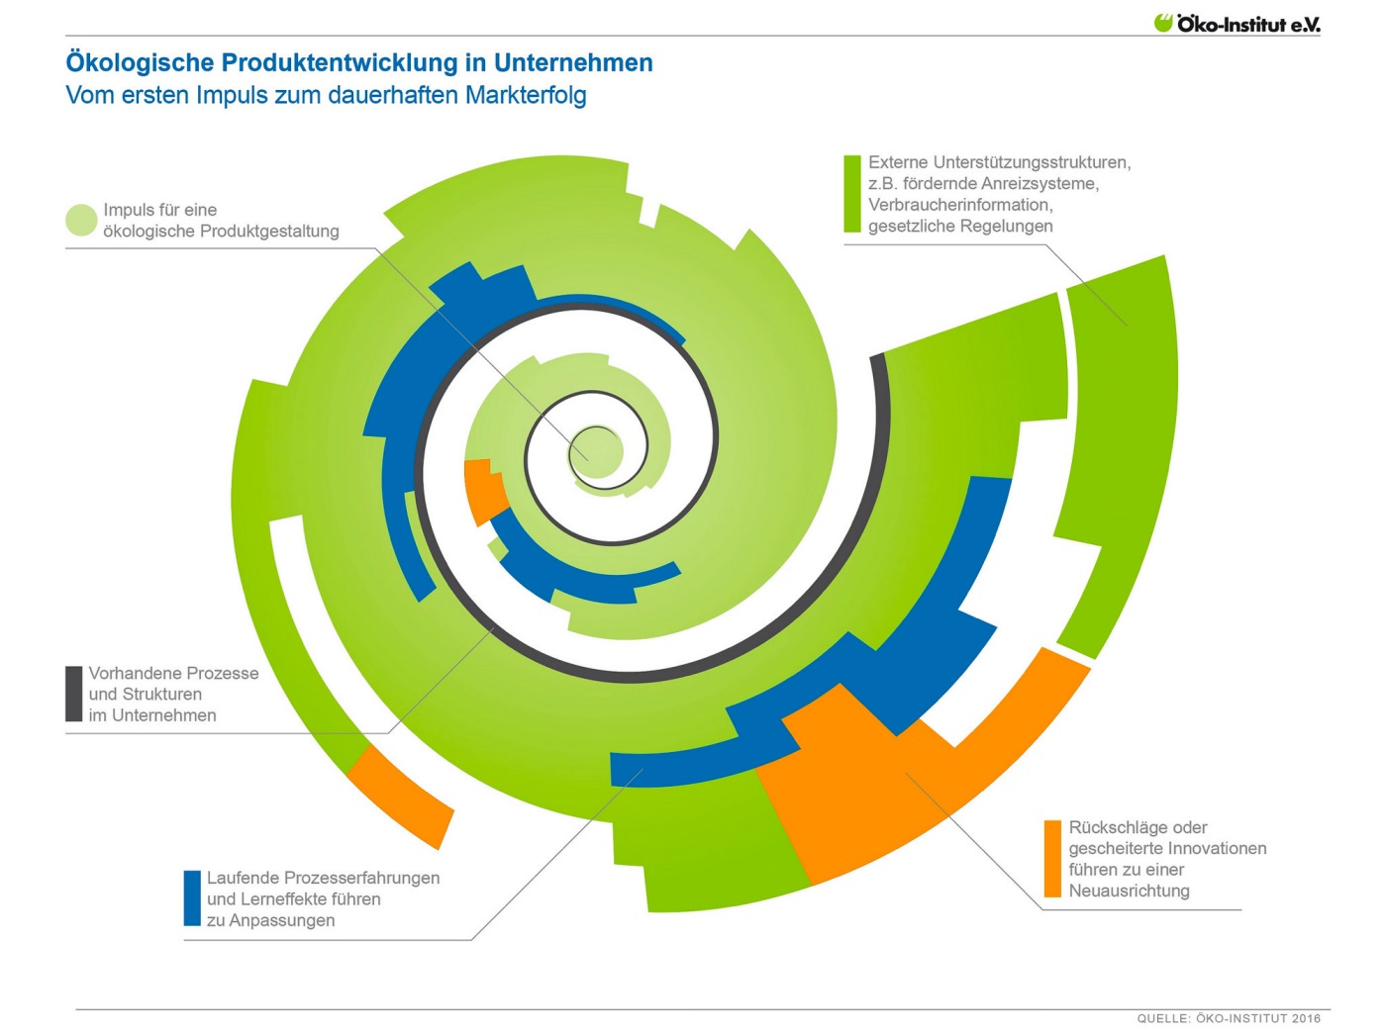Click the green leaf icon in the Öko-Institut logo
point(1162,23)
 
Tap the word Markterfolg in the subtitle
point(526,95)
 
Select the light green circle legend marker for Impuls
point(81,221)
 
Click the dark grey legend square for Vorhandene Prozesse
point(74,694)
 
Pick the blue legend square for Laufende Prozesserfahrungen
point(192,898)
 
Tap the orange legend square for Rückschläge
point(1052,859)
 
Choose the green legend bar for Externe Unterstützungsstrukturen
point(852,194)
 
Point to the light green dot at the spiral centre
point(596,452)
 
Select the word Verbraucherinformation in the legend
point(960,205)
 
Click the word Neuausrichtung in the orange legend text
point(1129,891)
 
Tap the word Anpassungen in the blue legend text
point(281,920)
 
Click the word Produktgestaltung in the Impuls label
point(269,231)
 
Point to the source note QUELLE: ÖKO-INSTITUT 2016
point(1229,1018)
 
